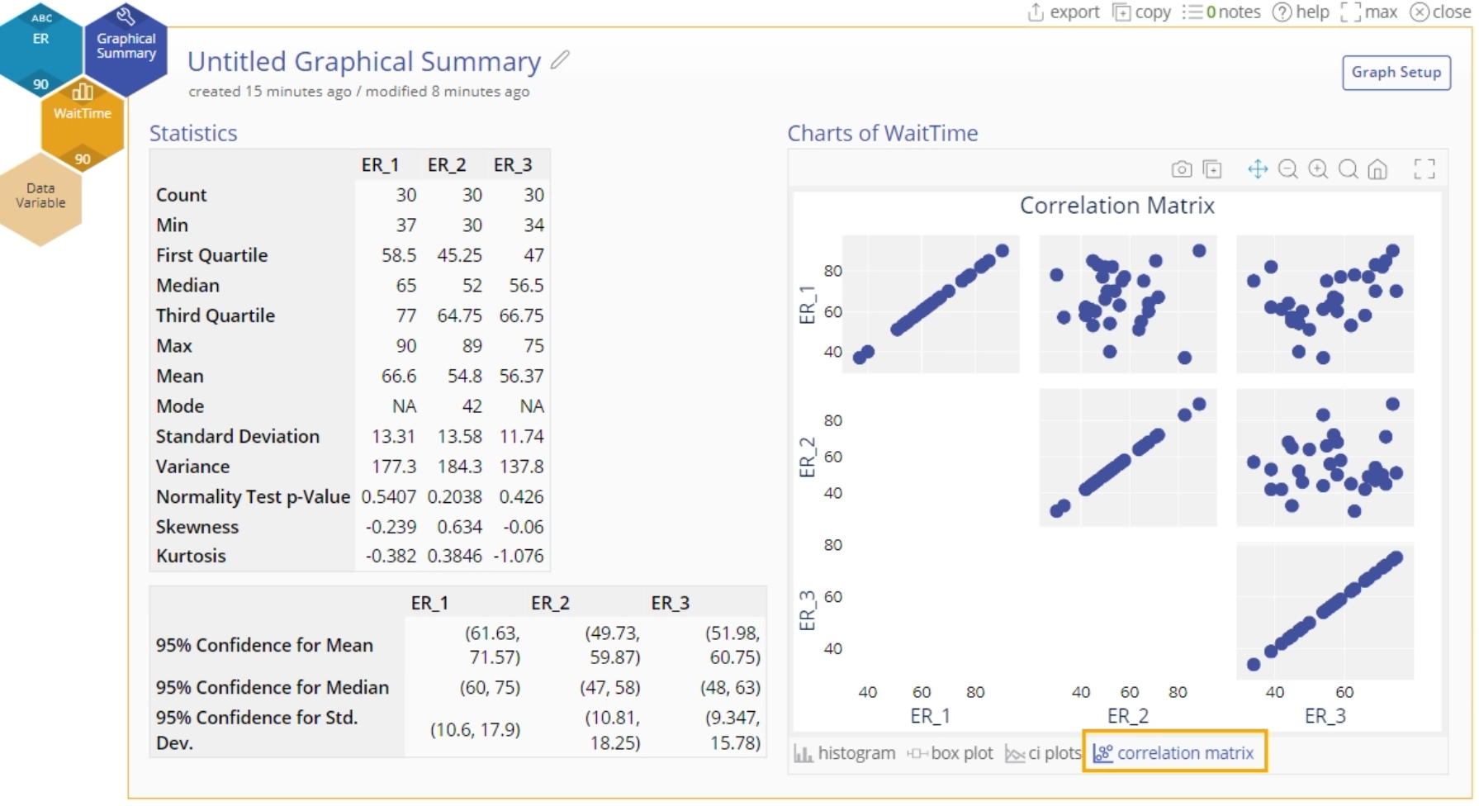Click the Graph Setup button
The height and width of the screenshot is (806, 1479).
1396,73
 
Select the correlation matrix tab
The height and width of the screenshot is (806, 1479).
1174,752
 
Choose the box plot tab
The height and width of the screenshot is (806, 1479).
951,753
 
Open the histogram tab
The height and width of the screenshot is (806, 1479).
845,753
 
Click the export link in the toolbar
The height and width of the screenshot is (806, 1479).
1064,12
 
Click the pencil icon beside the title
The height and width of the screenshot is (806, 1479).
561,59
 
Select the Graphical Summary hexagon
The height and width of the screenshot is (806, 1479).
126,46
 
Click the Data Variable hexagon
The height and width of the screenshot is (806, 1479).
40,197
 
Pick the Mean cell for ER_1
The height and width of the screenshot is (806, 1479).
398,376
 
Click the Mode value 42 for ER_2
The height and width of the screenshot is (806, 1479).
472,406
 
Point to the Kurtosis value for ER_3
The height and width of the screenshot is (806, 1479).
519,556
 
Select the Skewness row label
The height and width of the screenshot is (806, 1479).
197,527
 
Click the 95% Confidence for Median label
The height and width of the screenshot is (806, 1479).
272,687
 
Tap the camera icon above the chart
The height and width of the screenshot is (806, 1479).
1182,169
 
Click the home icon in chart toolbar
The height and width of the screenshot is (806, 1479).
1377,169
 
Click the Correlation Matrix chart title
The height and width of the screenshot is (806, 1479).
1116,206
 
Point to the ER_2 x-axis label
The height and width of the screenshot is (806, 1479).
1127,716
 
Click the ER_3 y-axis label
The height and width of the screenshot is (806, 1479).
807,610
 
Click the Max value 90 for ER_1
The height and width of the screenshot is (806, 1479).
405,346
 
